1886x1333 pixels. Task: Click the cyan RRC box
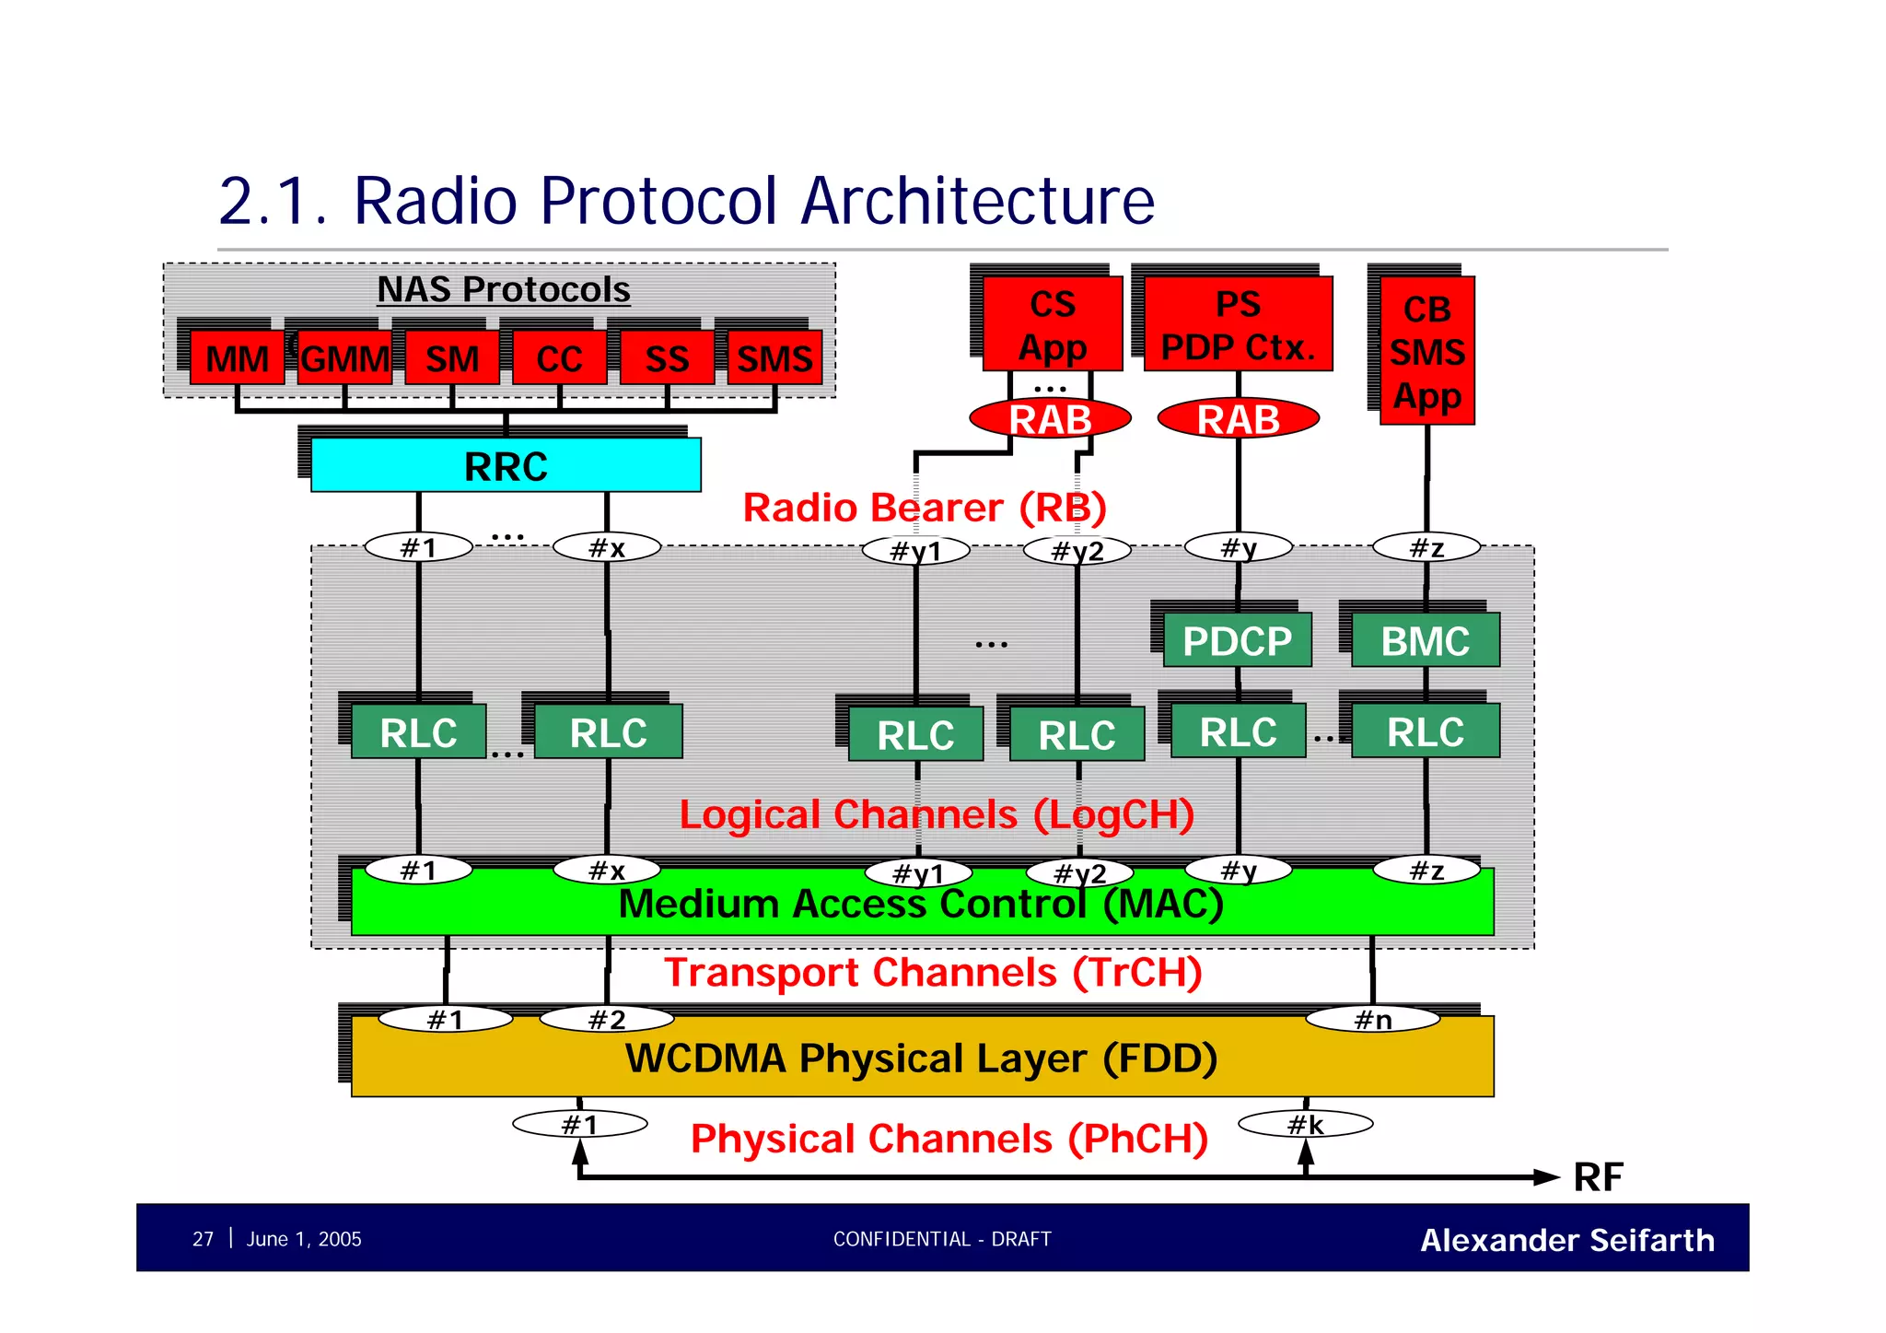coord(506,465)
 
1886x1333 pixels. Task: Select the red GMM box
coord(345,358)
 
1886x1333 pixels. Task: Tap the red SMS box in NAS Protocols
coord(774,358)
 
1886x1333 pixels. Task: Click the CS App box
coord(1053,325)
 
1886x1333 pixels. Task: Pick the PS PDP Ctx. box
coord(1238,325)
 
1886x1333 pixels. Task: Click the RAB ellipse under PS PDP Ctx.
coord(1238,419)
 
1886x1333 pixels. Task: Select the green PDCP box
coord(1237,641)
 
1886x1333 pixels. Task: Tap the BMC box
coord(1425,641)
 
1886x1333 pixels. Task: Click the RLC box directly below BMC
coord(1425,732)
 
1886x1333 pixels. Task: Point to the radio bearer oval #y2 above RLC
coord(1077,551)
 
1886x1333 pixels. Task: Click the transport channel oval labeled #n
coord(1372,1019)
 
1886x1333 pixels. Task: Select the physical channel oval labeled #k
coord(1305,1124)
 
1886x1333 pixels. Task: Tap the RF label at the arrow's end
coord(1598,1177)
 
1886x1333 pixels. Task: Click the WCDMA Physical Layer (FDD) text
coord(921,1058)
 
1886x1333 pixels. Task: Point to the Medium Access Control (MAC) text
coord(921,904)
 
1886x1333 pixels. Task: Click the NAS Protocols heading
coord(504,289)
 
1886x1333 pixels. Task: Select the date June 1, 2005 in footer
coord(304,1239)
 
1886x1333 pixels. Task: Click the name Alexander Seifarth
coord(1566,1240)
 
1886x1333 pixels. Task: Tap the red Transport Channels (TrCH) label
coord(933,973)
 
